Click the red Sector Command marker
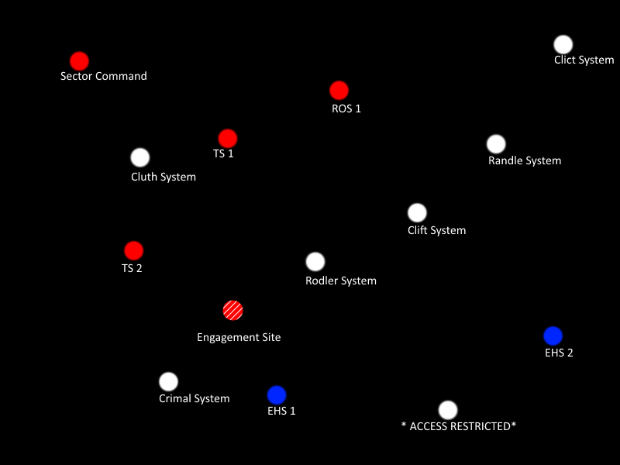pos(79,61)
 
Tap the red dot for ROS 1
pos(339,91)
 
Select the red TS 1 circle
pos(227,139)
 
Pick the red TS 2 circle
pos(134,251)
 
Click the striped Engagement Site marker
pos(232,311)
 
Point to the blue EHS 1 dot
pos(277,395)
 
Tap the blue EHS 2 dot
pos(553,336)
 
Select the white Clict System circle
pos(563,45)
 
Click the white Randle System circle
pos(496,144)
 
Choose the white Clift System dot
pos(417,212)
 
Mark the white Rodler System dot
pos(315,262)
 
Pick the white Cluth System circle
pos(140,158)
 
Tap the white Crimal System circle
pos(168,382)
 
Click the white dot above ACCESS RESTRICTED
pos(448,410)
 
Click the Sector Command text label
pos(104,76)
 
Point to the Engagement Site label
pos(239,337)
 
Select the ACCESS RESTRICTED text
pos(459,426)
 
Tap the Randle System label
pos(525,160)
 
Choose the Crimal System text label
pos(195,398)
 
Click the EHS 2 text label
pos(559,353)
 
